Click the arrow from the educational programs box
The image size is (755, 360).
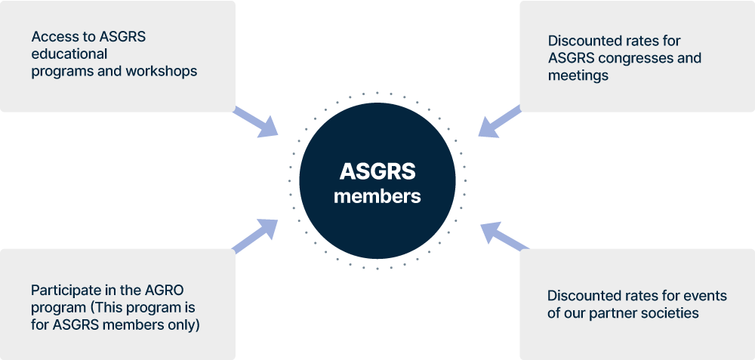point(256,122)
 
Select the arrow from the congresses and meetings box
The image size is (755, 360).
point(499,122)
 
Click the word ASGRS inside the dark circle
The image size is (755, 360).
point(377,172)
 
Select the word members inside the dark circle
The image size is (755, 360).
point(377,196)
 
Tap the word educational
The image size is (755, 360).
point(69,54)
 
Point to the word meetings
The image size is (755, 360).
point(578,75)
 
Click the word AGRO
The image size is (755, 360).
point(166,290)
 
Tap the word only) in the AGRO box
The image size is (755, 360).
point(184,325)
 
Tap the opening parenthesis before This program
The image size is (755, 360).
point(92,308)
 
